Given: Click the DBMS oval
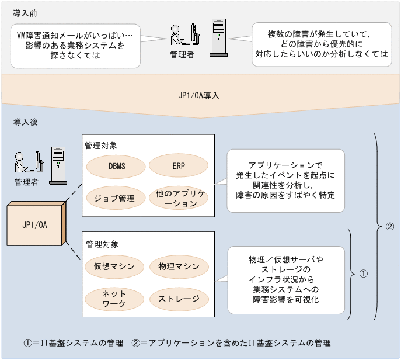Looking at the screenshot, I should (x=117, y=166).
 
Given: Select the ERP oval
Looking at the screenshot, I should (x=179, y=166).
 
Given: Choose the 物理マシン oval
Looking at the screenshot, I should (x=179, y=266).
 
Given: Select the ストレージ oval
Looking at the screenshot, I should (x=179, y=299).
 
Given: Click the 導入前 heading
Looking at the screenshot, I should (x=22, y=12).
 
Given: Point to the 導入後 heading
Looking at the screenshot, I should (x=22, y=123).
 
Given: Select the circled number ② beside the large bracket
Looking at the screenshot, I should (x=390, y=227).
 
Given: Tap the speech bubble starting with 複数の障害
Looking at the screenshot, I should (x=322, y=44).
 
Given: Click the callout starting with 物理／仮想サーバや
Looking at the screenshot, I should (x=285, y=279).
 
